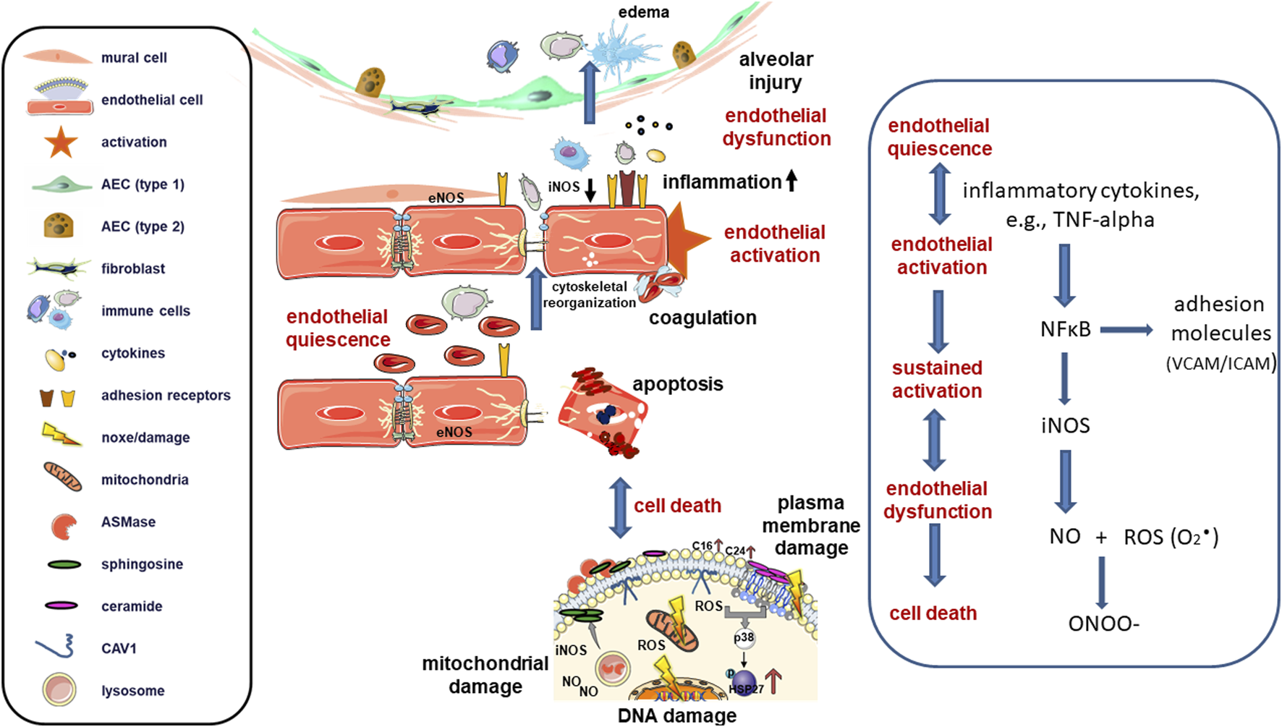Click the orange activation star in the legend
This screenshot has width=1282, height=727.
click(61, 142)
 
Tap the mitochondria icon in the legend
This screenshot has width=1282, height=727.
click(63, 478)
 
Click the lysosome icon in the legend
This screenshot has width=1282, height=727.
click(59, 689)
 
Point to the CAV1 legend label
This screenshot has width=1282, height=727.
click(119, 648)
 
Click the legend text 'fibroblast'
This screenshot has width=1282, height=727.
click(133, 268)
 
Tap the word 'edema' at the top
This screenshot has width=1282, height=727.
click(643, 12)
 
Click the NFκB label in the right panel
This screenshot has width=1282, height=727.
click(1065, 330)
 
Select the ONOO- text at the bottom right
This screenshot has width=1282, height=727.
click(1103, 624)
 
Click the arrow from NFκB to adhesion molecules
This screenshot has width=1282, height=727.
click(1126, 331)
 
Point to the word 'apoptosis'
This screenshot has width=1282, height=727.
click(678, 384)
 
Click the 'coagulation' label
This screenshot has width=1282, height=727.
click(702, 318)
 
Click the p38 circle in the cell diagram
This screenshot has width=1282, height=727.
click(744, 638)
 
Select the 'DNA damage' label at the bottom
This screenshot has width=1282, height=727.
click(677, 715)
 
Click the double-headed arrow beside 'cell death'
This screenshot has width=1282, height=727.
click(621, 507)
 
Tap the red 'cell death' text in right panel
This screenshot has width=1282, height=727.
click(933, 613)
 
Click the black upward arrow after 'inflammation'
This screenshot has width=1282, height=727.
click(791, 180)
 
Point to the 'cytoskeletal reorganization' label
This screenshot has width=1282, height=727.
click(590, 294)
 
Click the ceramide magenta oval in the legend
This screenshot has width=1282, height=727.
click(61, 605)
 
